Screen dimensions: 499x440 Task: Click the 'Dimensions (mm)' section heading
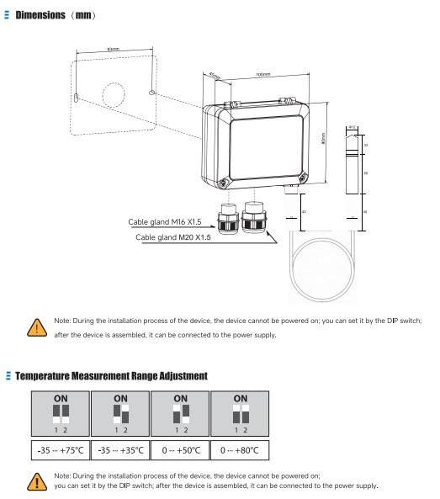click(55, 16)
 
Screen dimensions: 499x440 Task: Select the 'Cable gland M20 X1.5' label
click(173, 237)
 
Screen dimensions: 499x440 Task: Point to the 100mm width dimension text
click(263, 75)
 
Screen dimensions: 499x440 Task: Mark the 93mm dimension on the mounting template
click(114, 50)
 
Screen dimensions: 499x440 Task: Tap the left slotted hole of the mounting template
click(77, 99)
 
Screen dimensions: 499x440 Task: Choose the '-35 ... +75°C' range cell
click(61, 450)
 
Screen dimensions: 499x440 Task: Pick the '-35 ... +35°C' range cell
click(120, 450)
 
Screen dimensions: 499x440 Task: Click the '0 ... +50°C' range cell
click(180, 450)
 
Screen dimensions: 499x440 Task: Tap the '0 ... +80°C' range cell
click(240, 450)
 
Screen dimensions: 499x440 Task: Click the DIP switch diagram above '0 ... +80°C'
click(240, 414)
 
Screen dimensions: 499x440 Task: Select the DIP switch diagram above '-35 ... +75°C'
click(61, 414)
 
